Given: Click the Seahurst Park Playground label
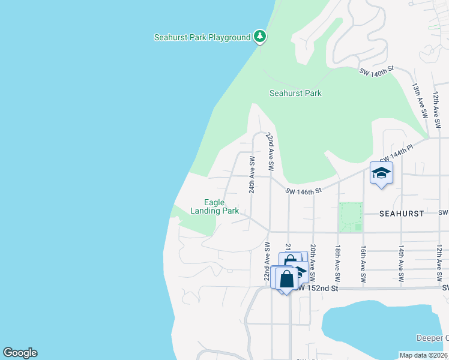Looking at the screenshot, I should coord(202,37).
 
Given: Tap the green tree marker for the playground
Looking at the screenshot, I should coord(260,37).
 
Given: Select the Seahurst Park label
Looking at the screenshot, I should coord(295,93).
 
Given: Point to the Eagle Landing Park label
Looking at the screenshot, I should coord(214,207).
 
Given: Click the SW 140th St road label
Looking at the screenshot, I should coord(376,71).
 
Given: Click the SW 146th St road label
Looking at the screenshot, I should coord(304,191).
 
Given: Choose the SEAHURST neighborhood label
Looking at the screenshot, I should coord(402,214).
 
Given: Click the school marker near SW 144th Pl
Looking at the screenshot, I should coord(381,173).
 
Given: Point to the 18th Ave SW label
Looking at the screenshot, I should coord(338,263).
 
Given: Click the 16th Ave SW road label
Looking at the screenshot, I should coord(363,263).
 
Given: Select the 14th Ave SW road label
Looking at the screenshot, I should coord(401,263).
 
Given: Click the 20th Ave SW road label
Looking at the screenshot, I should coord(313,263).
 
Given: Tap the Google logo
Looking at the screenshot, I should coord(20,353).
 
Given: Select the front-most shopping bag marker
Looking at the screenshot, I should coord(287,278).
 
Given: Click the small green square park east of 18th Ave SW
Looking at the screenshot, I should coord(351,217).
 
